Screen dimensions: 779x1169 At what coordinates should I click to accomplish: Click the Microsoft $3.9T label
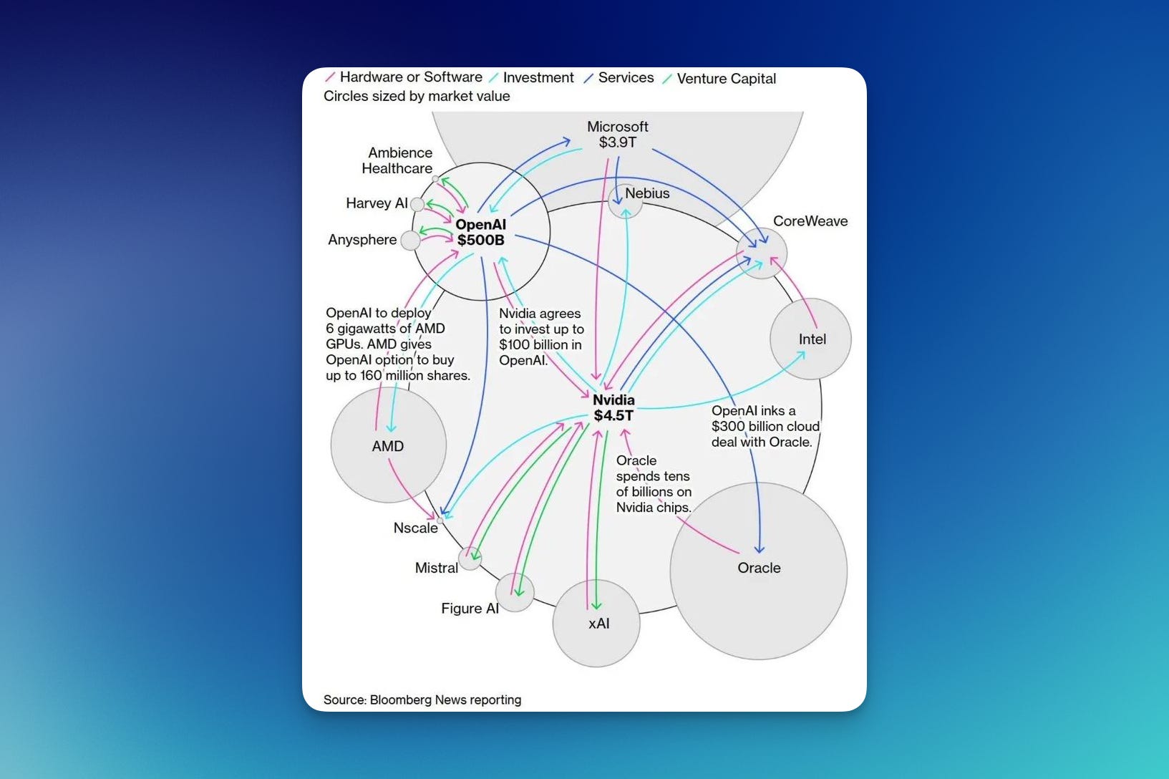[x=617, y=135]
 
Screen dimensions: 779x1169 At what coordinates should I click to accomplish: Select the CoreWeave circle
[x=762, y=253]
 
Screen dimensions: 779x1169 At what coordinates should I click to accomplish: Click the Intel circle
[x=810, y=339]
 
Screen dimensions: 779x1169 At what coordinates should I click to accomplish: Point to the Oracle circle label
[x=759, y=568]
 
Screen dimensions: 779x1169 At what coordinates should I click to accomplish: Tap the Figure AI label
[x=470, y=609]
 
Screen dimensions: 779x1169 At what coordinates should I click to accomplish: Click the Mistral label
[x=436, y=568]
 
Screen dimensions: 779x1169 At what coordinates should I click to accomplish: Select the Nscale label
[x=415, y=528]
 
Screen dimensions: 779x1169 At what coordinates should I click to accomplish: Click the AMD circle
[x=388, y=445]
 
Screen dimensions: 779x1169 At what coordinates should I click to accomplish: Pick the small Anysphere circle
[x=410, y=241]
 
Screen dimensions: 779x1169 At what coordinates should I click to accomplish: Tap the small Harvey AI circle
[x=417, y=205]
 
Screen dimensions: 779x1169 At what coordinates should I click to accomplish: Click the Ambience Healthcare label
[x=397, y=160]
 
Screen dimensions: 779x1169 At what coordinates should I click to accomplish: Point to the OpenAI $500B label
[x=480, y=233]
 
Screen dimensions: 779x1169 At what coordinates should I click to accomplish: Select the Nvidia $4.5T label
[x=613, y=407]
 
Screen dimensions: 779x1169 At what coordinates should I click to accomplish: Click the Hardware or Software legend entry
[x=410, y=77]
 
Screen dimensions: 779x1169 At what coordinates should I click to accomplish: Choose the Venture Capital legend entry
[x=726, y=79]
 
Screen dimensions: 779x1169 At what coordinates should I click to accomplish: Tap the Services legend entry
[x=626, y=77]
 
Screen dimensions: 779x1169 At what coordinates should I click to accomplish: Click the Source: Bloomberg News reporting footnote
[x=422, y=700]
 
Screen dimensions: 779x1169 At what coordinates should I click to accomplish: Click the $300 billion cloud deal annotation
[x=765, y=426]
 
